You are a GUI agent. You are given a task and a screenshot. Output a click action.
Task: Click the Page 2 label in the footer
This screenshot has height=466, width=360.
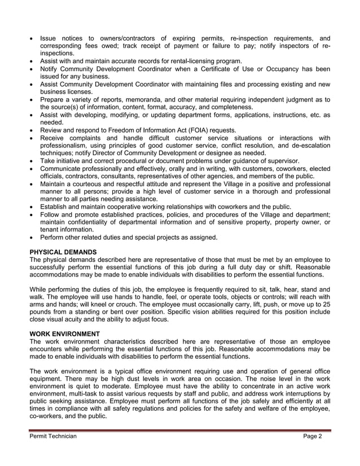(312, 437)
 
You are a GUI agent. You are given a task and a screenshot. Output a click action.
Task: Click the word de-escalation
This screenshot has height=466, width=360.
(305, 146)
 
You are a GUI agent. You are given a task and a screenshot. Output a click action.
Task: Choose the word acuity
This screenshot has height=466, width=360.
(81, 320)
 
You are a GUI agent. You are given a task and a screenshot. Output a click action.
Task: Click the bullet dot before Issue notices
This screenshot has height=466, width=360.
(32, 39)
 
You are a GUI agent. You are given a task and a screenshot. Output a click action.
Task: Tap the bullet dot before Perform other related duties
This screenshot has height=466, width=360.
(32, 238)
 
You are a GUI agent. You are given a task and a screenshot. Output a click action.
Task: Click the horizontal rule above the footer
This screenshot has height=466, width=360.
(180, 430)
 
